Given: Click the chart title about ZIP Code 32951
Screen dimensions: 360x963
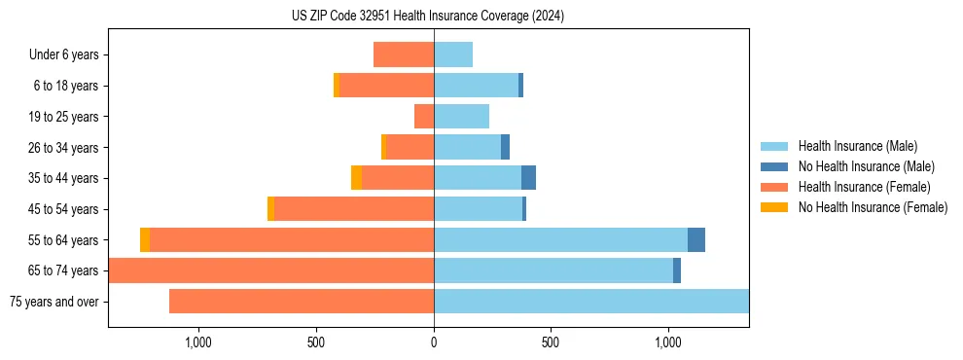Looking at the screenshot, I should (428, 16).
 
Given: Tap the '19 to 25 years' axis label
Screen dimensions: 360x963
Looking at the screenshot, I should (63, 117).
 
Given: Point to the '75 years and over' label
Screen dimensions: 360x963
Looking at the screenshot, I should (54, 302).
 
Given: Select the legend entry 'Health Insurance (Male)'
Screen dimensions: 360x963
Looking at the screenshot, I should (857, 146).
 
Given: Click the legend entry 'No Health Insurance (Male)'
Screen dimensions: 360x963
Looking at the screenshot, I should (866, 166).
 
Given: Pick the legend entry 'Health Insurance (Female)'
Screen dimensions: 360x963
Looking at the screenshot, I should (864, 187).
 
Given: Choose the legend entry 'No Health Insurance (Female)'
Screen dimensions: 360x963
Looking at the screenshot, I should (873, 207).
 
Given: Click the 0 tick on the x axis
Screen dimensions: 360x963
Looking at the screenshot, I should (434, 342).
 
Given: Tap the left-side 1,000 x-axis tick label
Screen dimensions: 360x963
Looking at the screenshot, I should (197, 342).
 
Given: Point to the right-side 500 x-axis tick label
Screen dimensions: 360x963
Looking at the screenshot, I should (551, 342).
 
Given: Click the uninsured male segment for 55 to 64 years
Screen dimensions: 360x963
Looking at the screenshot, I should (696, 240).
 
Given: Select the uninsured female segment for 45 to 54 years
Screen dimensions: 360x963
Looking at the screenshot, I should (271, 209).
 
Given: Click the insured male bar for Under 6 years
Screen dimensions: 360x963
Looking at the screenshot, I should (453, 54).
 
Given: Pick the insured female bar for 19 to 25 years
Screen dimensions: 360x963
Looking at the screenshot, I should (424, 117).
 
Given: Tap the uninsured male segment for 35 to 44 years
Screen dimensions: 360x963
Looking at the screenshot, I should (528, 178).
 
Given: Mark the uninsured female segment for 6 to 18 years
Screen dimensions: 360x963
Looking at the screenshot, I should (337, 86).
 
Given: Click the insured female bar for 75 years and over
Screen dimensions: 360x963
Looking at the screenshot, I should (302, 302).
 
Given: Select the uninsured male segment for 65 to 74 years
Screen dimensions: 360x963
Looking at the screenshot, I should (677, 270).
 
